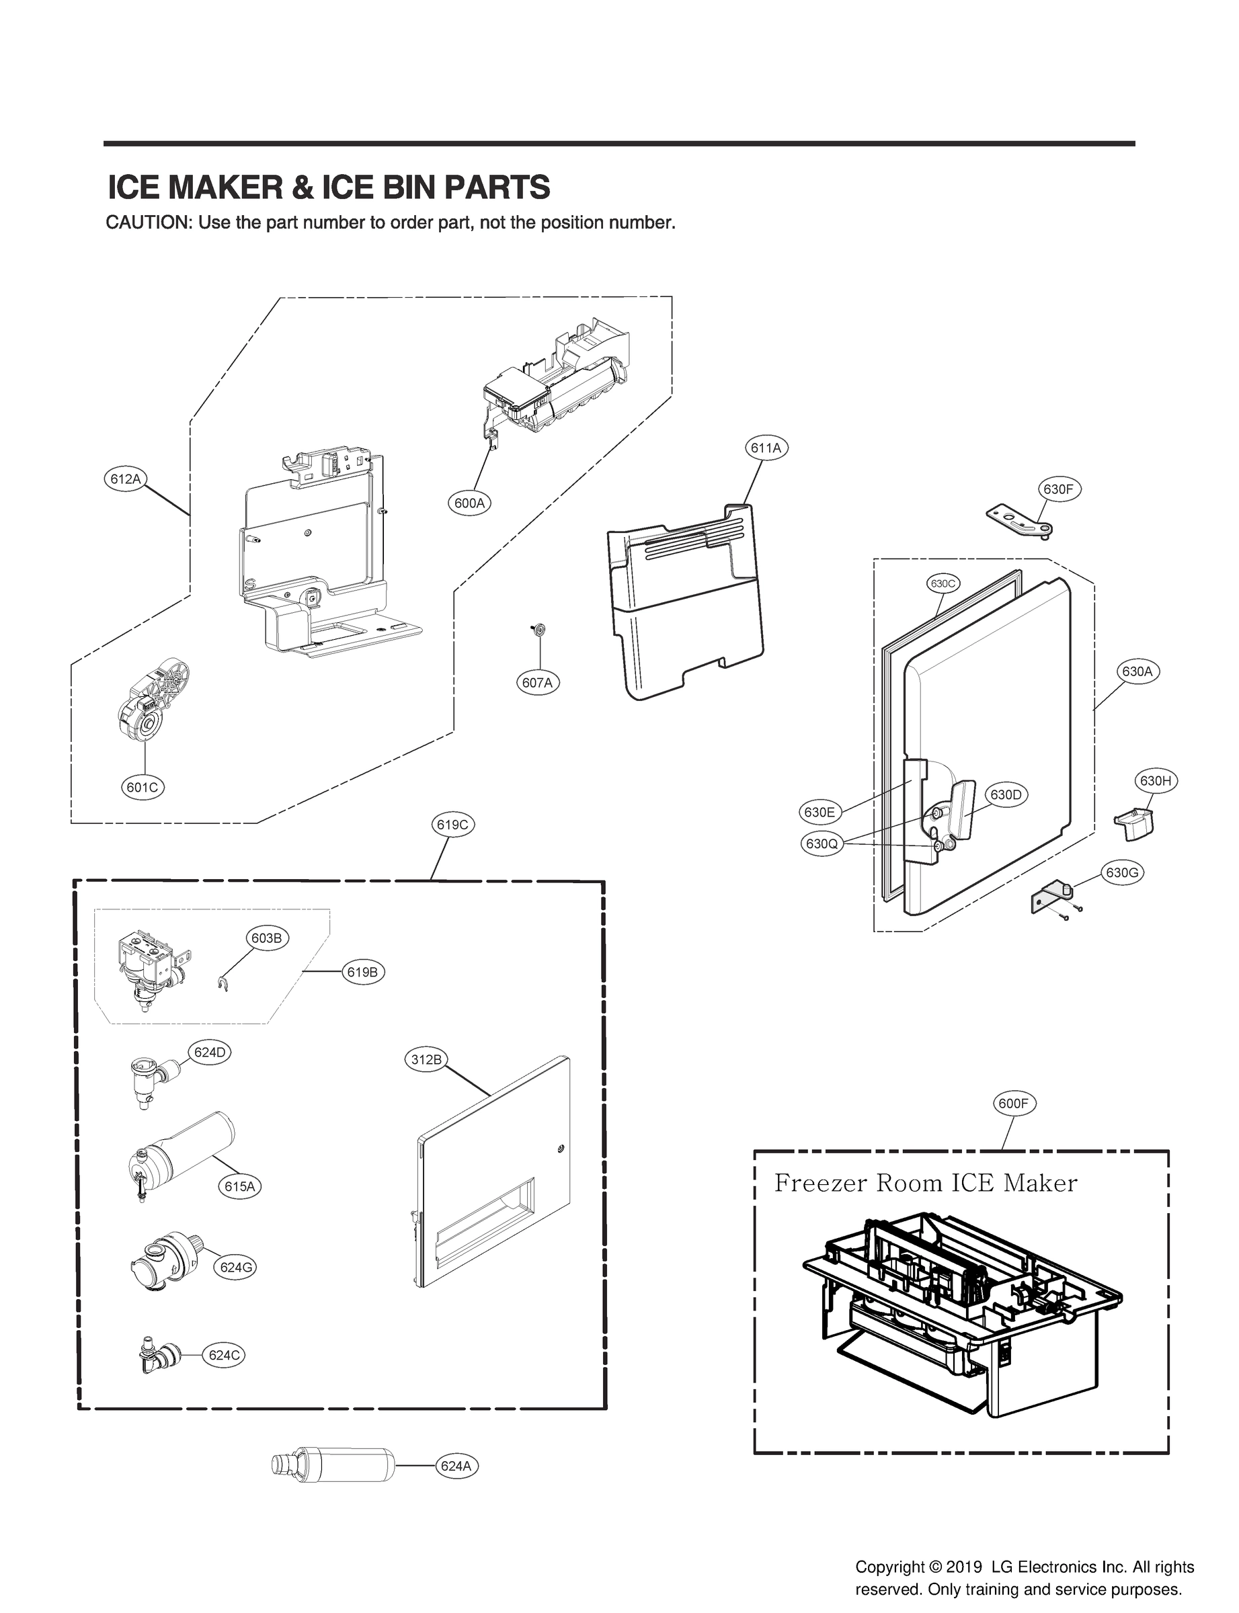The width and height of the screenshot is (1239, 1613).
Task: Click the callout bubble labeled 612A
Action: click(124, 479)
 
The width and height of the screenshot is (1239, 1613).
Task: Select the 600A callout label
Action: click(470, 503)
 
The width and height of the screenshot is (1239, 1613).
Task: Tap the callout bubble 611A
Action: click(766, 448)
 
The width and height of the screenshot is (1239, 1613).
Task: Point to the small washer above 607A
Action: click(538, 629)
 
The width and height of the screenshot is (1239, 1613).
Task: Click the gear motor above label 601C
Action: click(155, 700)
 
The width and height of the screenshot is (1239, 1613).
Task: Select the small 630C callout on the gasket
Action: click(943, 583)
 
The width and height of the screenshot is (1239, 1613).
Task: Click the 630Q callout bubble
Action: click(822, 843)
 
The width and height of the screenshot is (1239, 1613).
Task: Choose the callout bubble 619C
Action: click(452, 824)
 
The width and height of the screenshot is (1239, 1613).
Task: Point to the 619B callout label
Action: click(362, 972)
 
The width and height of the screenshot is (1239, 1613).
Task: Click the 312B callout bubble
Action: click(426, 1060)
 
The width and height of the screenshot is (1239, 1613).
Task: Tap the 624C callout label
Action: click(224, 1355)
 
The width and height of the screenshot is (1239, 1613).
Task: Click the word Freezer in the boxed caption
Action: click(821, 1184)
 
